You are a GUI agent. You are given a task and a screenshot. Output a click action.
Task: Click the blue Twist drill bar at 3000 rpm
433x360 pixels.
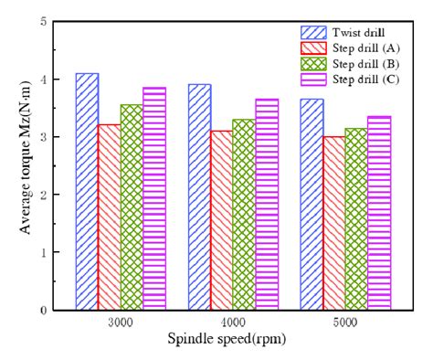tap(88, 191)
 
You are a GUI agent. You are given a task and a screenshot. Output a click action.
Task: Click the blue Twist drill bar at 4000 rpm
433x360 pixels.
tap(199, 196)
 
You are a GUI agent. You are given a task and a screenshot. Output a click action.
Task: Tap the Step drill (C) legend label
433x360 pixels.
tap(360, 79)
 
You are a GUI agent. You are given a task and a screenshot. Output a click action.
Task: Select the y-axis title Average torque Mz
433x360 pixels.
tap(19, 164)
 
